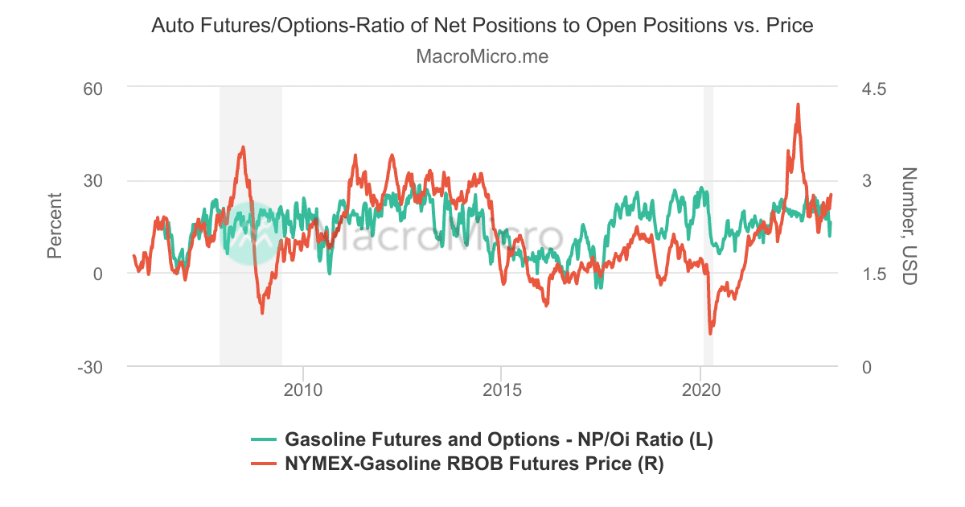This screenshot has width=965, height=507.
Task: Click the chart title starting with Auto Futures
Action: coord(482,26)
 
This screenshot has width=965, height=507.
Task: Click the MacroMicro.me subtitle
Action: coord(482,57)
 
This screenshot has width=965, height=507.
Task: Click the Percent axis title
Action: coord(55,226)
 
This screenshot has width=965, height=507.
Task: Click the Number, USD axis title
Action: coord(909,226)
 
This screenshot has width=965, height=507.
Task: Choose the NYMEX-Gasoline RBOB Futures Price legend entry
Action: coord(474,464)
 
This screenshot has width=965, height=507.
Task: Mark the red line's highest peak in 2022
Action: coord(798,104)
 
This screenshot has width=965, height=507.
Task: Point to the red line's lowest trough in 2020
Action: coord(710,333)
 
